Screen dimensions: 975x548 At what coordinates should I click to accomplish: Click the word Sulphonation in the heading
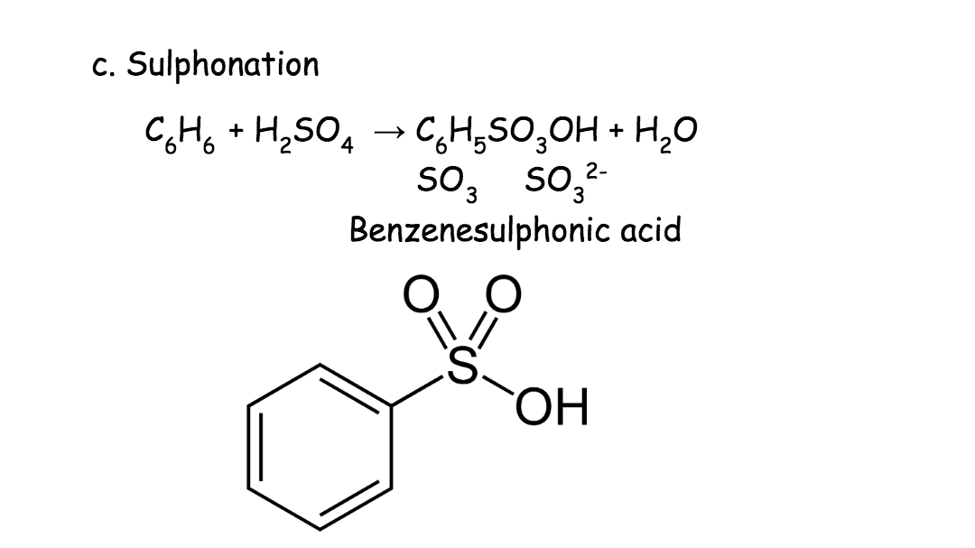click(223, 65)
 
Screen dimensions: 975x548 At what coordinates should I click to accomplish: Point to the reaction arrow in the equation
click(389, 131)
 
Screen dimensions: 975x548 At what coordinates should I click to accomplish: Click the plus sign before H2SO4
click(236, 131)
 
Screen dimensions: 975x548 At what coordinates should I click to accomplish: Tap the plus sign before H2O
click(616, 131)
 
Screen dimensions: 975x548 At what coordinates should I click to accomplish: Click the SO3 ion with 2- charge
click(565, 183)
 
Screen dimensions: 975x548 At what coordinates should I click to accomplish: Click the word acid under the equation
click(650, 229)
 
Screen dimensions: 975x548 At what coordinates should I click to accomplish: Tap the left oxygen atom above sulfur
click(421, 294)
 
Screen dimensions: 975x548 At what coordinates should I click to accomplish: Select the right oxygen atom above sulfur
click(503, 294)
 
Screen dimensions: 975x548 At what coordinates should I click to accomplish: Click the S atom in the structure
click(462, 366)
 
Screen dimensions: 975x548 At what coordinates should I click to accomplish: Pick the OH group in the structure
click(552, 407)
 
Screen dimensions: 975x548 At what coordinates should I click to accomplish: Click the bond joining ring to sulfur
click(419, 391)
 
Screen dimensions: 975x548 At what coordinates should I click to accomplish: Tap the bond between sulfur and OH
click(497, 385)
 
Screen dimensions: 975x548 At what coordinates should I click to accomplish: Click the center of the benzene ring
click(320, 447)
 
